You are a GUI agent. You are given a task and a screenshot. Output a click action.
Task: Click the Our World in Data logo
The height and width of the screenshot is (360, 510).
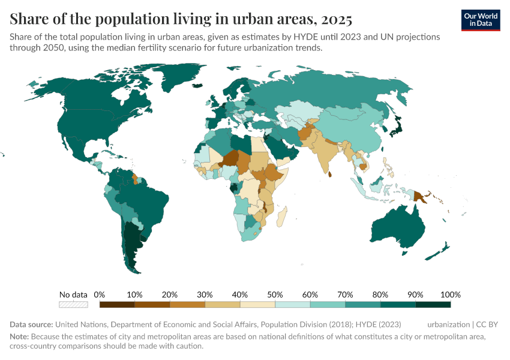tap(481, 20)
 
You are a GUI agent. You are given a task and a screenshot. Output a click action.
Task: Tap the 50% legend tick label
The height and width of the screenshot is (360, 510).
tap(275, 295)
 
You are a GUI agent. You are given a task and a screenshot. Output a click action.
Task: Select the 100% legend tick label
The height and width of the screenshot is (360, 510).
tap(450, 295)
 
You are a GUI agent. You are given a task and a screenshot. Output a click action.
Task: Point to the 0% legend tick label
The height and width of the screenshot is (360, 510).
tap(100, 295)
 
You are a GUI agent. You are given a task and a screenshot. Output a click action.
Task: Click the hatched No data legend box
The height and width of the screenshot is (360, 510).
tap(73, 305)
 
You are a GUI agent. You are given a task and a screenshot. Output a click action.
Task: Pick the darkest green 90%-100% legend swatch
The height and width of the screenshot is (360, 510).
tap(433, 305)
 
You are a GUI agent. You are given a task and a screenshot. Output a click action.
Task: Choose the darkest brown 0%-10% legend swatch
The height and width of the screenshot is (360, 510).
tap(117, 305)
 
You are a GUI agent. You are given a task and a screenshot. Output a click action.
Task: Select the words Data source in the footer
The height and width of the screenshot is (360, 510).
tap(31, 324)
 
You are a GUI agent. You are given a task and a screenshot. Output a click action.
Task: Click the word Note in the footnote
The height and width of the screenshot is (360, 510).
tap(19, 337)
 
